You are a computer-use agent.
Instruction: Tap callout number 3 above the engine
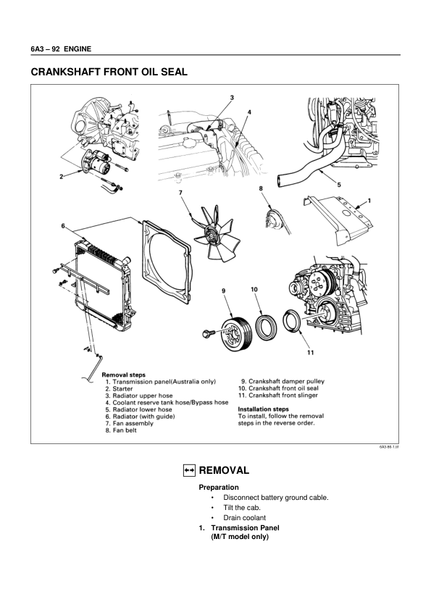point(232,97)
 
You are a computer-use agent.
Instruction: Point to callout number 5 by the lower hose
point(339,184)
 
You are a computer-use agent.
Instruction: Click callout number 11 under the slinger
point(309,352)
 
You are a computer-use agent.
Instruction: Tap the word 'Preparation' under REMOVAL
point(219,488)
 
